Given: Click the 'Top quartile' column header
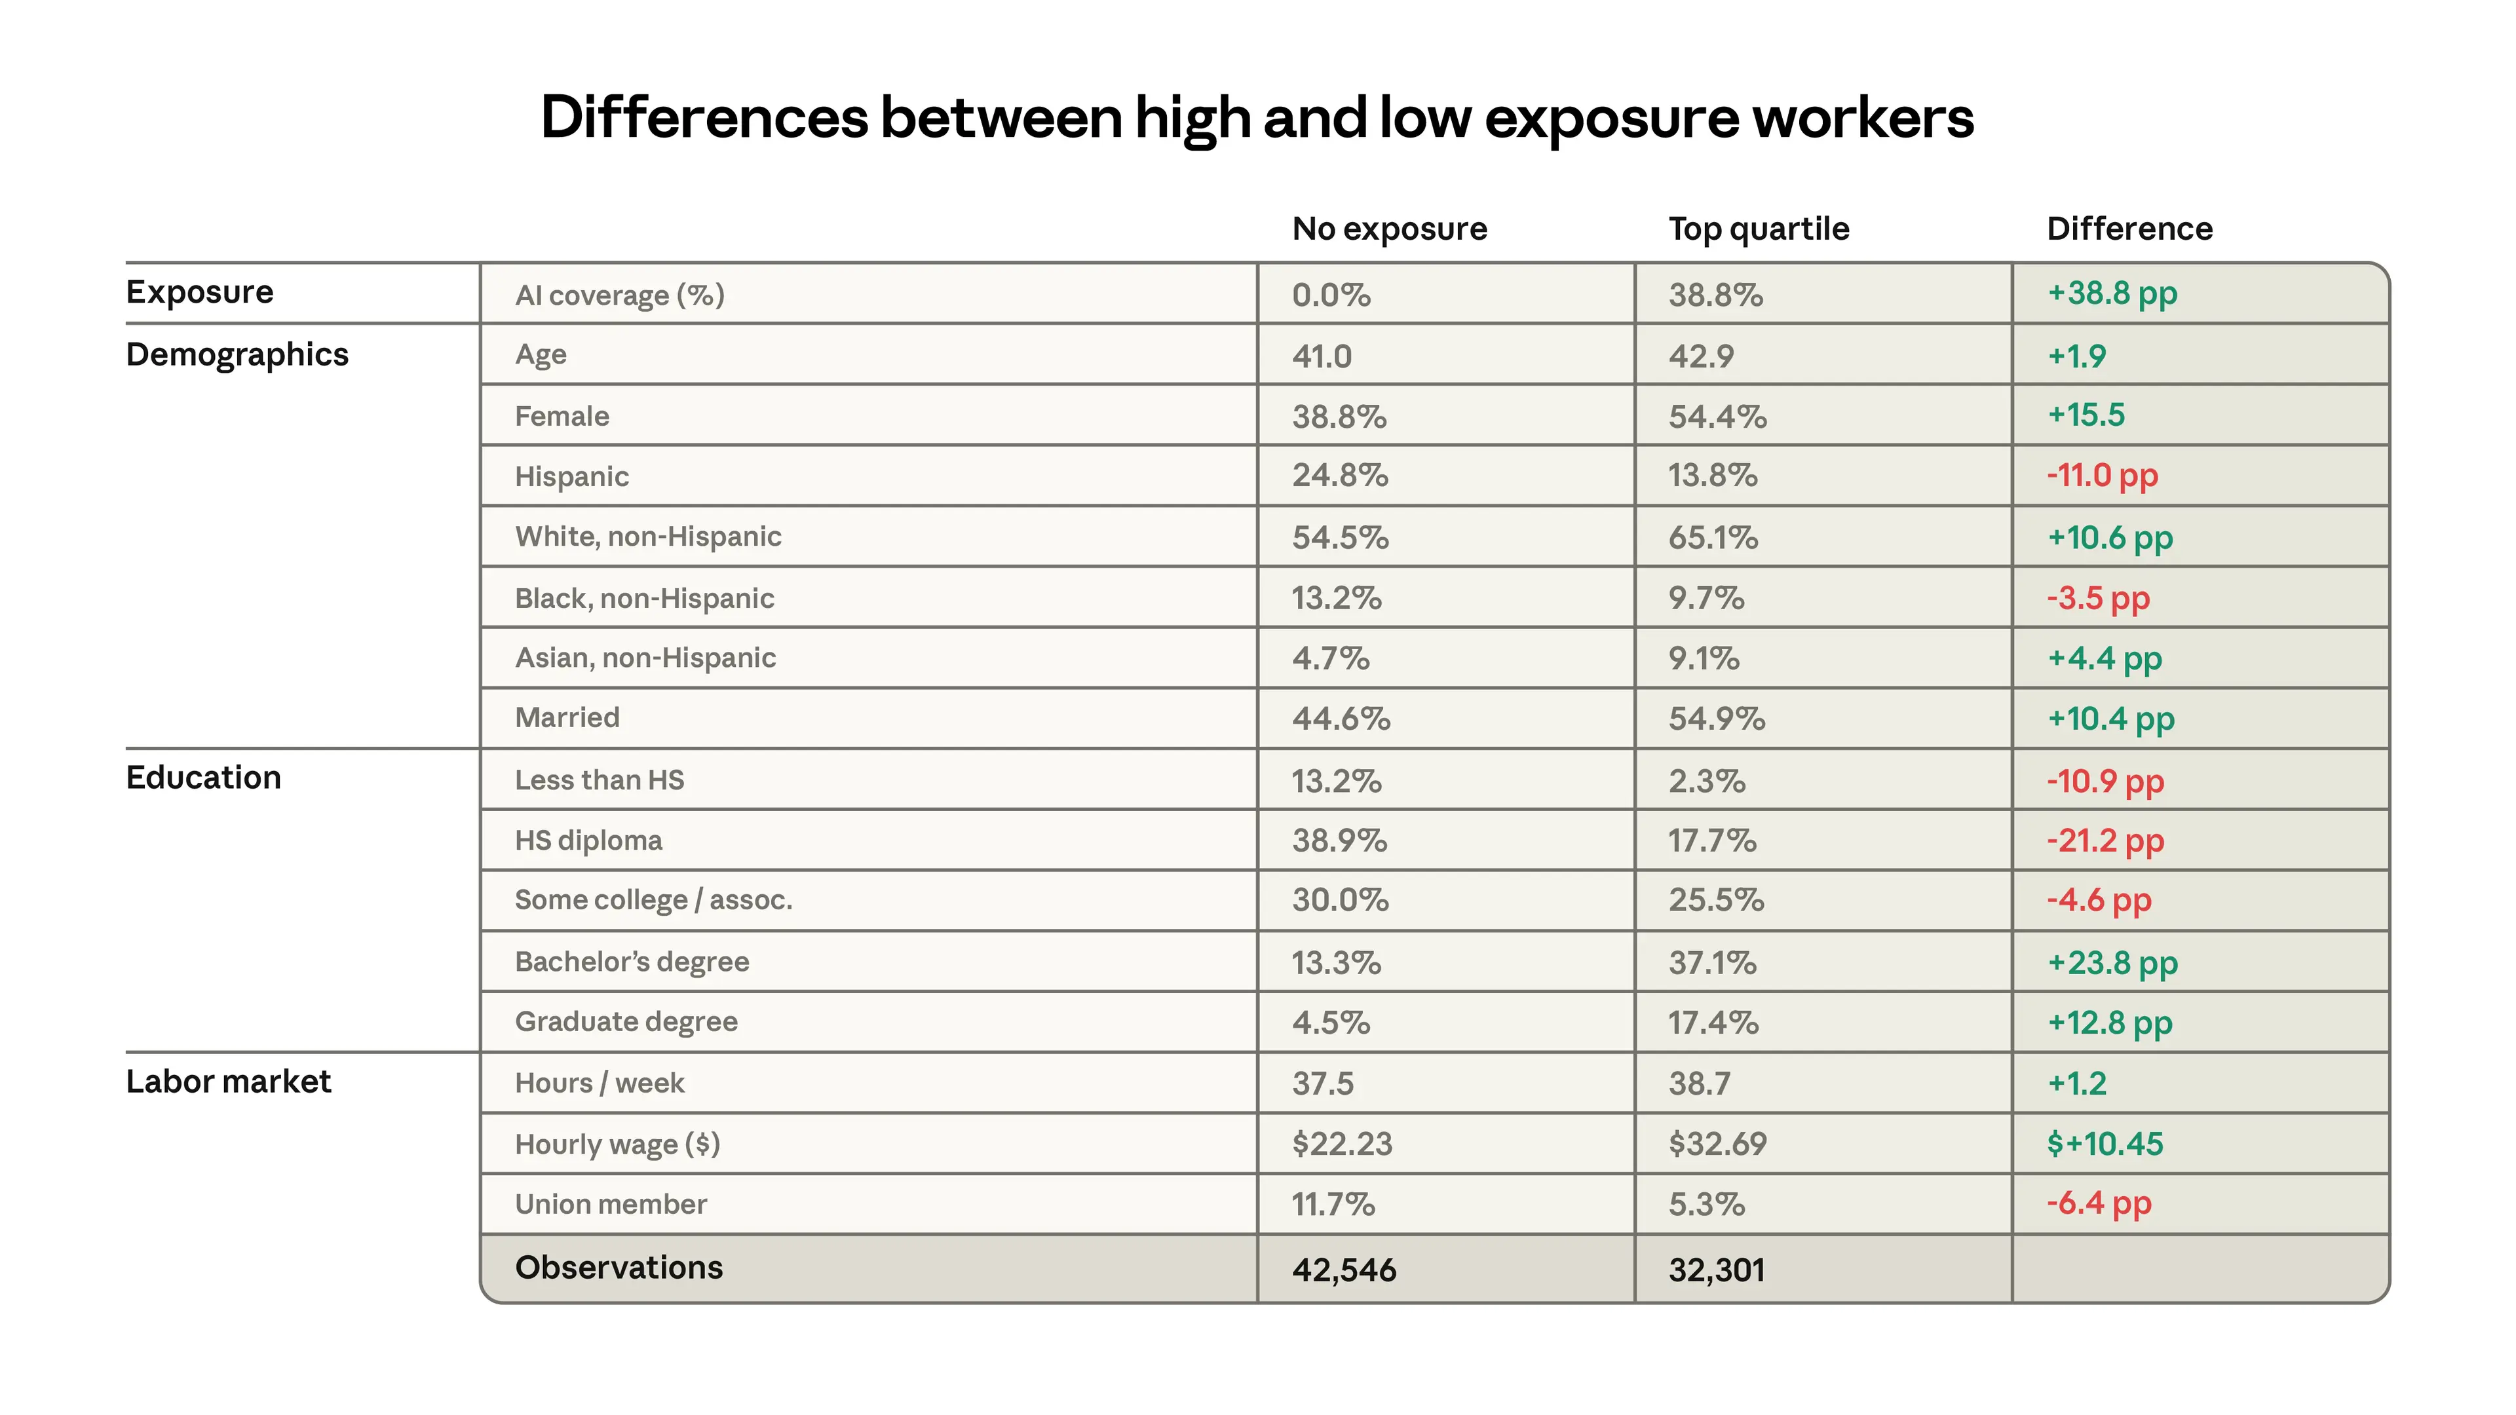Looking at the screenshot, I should pos(1758,229).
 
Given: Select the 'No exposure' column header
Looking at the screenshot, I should pos(1389,229).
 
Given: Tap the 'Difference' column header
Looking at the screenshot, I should pos(2129,229).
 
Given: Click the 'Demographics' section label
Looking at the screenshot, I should pos(237,354).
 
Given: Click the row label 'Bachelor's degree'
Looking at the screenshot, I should pos(632,962).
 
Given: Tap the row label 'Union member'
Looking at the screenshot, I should pos(611,1204).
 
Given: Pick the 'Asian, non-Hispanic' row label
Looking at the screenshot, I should pos(645,658).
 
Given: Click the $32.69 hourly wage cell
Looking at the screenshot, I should pos(1717,1144).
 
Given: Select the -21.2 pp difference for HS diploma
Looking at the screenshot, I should pos(2105,840).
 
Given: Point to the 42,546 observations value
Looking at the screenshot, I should pos(1344,1270).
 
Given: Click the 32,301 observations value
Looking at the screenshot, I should pos(1716,1270).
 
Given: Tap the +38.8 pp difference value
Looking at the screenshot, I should pos(2112,293).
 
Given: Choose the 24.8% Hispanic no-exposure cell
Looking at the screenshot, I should pos(1340,476).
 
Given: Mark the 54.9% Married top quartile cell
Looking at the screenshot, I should pos(1716,719).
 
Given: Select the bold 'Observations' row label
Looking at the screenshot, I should pos(619,1268).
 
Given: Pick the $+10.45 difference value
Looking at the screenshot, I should pos(2105,1144).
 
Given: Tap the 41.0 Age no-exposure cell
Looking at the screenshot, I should pos(1322,356).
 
